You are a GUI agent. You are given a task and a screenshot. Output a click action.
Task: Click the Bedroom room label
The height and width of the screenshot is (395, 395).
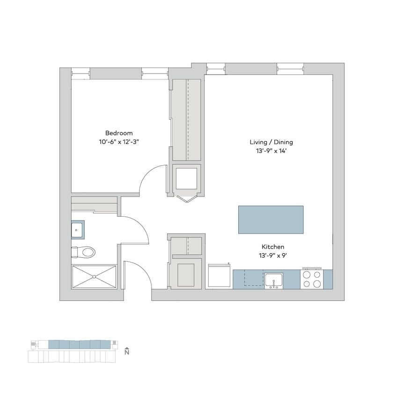[x=119, y=133]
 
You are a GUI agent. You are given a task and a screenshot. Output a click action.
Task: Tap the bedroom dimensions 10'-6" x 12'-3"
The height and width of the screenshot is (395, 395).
[x=119, y=141]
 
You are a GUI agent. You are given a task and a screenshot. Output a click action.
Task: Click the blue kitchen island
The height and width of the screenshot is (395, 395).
[x=271, y=219]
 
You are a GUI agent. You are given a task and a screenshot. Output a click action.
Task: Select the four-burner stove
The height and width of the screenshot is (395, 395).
[x=312, y=279]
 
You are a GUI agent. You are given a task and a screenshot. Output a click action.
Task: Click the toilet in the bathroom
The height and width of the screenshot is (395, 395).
[x=84, y=252]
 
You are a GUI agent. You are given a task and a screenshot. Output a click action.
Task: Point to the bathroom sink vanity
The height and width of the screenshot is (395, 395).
[x=78, y=229]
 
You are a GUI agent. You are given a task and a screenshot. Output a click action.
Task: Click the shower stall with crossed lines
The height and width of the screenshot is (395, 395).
[x=94, y=277]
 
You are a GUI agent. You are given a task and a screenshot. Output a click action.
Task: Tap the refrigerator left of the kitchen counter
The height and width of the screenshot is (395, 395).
[x=219, y=277]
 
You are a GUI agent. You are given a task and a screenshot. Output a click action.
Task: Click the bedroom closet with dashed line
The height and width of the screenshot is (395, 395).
[x=187, y=119]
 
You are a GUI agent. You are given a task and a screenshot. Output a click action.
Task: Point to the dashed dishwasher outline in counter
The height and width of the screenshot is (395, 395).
[x=248, y=278]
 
